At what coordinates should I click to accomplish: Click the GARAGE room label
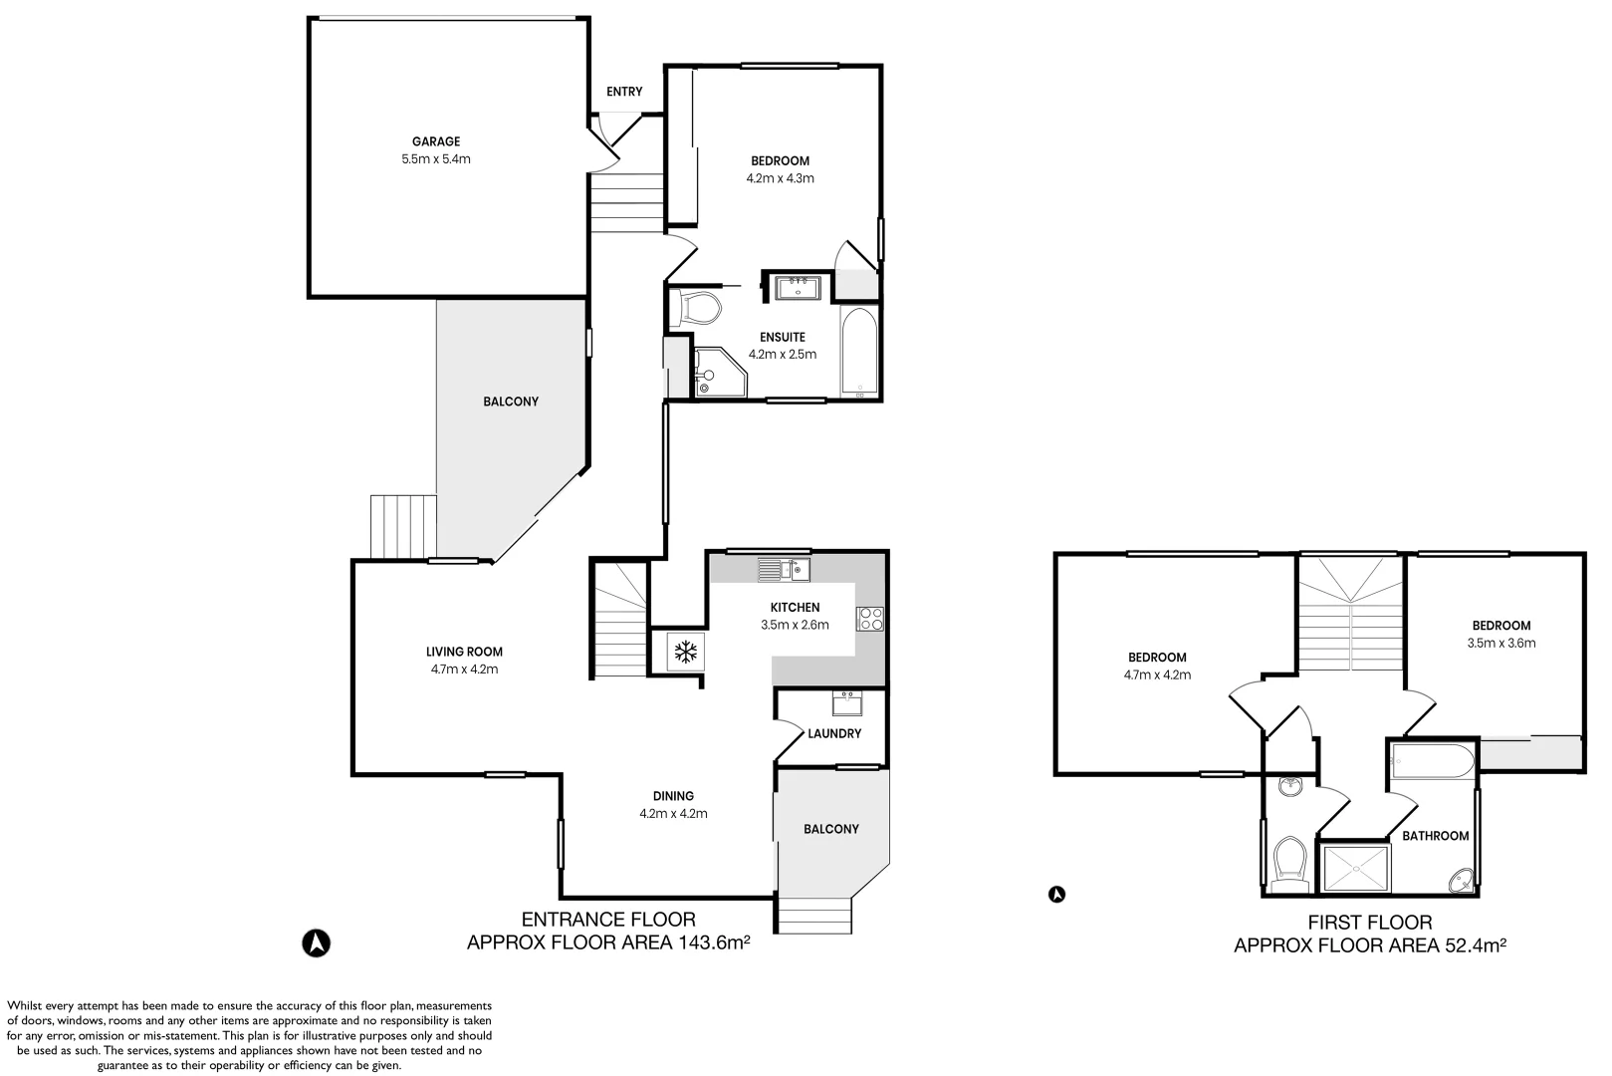pyautogui.click(x=436, y=141)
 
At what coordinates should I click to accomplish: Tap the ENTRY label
pyautogui.click(x=624, y=92)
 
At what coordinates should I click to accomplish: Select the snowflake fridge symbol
pyautogui.click(x=686, y=653)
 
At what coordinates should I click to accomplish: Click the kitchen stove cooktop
pyautogui.click(x=870, y=620)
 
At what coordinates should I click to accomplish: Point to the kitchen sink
pyautogui.click(x=784, y=570)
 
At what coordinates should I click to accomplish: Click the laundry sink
pyautogui.click(x=847, y=703)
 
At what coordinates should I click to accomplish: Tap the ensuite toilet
pyautogui.click(x=695, y=309)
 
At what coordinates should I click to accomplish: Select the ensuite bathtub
pyautogui.click(x=859, y=352)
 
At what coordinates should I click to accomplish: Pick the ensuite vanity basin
pyautogui.click(x=798, y=288)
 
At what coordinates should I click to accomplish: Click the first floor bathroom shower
pyautogui.click(x=1355, y=869)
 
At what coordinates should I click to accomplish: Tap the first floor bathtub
pyautogui.click(x=1432, y=761)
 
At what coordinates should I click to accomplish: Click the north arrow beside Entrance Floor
pyautogui.click(x=316, y=942)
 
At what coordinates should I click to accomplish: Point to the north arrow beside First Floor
pyautogui.click(x=1056, y=895)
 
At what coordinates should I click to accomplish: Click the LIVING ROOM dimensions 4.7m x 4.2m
pyautogui.click(x=464, y=670)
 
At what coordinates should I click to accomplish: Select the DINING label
pyautogui.click(x=674, y=796)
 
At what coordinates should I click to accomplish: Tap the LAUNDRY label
pyautogui.click(x=834, y=733)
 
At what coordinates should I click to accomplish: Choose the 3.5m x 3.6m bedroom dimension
pyautogui.click(x=1501, y=644)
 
